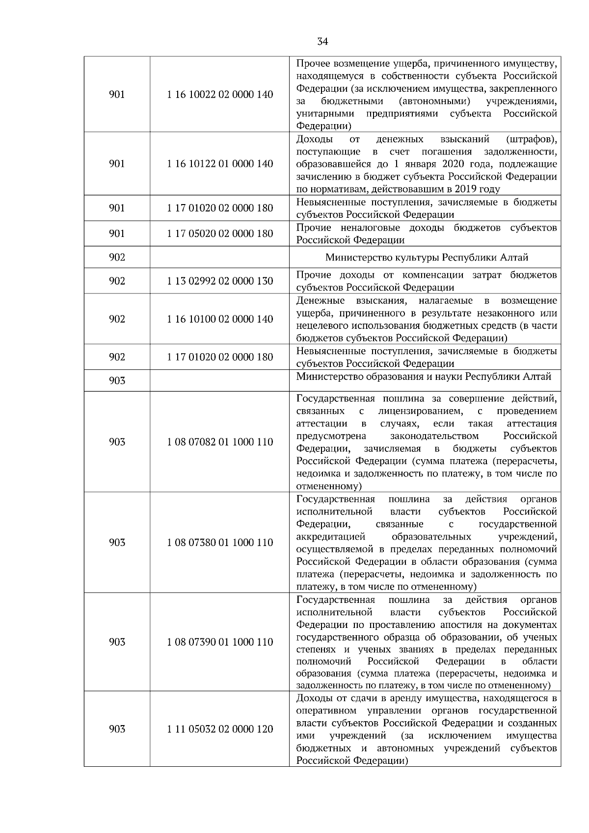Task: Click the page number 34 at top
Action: coord(322,42)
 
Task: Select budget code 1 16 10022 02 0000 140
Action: coord(220,95)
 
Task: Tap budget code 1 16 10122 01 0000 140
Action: coord(220,164)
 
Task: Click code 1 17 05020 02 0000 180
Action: coord(220,234)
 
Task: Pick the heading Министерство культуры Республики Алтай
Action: coord(427,257)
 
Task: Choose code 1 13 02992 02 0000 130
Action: coord(220,281)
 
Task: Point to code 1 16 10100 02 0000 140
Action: coord(220,319)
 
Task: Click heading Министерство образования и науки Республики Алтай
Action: coord(424,377)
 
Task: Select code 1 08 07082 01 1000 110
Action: coord(220,442)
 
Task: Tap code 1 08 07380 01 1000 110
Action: coord(220,543)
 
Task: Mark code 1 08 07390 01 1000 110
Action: coord(220,642)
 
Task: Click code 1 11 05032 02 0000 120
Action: coord(220,729)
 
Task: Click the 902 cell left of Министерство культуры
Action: coord(117,257)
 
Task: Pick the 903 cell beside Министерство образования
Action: coord(117,381)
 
